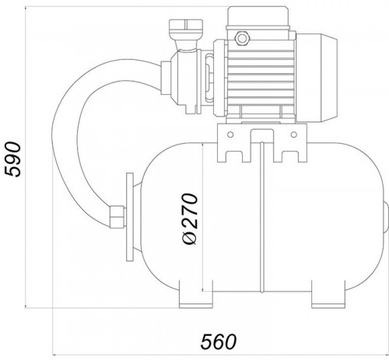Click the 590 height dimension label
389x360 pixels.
point(13,159)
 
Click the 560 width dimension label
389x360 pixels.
point(219,341)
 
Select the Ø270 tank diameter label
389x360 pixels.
point(190,219)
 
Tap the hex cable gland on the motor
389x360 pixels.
point(242,38)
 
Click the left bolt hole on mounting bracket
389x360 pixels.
point(230,135)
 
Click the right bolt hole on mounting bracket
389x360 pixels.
point(294,135)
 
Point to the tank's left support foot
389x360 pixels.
point(196,295)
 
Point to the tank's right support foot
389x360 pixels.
point(328,295)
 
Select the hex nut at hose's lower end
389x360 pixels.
point(117,217)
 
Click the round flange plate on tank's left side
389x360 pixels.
point(130,217)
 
